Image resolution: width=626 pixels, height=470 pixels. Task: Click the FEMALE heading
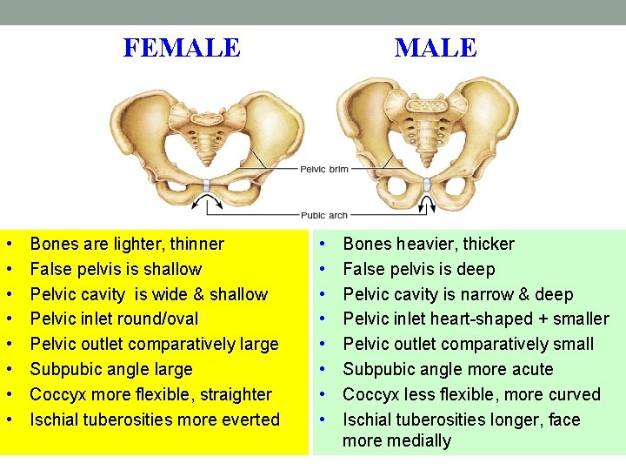pos(182,47)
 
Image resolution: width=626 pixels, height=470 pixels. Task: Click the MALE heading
pos(436,47)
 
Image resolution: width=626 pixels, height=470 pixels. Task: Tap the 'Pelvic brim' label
pos(324,169)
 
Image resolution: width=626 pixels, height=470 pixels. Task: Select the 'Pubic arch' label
pos(324,215)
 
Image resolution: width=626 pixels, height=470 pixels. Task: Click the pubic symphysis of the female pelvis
pos(207,185)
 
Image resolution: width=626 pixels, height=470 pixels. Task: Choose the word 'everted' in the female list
pos(252,420)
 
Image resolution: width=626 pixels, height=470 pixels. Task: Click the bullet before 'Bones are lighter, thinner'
pos(8,245)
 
